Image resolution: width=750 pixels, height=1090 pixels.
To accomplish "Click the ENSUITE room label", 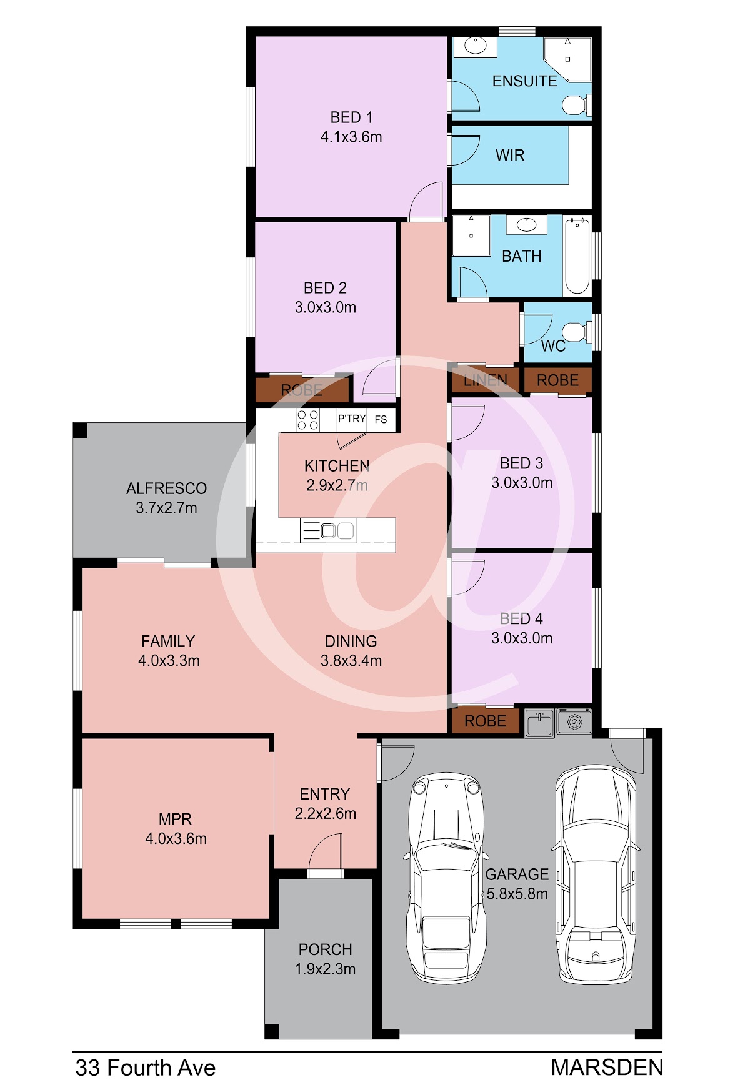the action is coord(524,81).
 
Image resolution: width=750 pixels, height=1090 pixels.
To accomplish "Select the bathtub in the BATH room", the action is coord(577,255).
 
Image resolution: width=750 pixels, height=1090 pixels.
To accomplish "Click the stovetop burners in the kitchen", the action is coord(307,420).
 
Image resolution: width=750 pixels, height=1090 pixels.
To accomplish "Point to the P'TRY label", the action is coord(352,419).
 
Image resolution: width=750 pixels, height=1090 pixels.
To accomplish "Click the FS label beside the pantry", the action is coord(381,419).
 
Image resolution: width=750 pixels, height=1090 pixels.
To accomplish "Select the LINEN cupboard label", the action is coord(486,380).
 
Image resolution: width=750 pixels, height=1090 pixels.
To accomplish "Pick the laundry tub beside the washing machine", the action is coord(539,723).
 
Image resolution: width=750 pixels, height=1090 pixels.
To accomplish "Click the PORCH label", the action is coord(325,949).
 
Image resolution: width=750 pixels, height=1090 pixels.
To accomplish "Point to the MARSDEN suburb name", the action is coord(607,1068).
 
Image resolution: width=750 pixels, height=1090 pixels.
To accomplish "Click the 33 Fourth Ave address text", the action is coord(146,1068).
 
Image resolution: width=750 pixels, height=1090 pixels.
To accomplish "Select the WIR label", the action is coord(510,156).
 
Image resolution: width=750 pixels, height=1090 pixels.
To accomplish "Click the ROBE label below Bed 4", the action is coord(485,721).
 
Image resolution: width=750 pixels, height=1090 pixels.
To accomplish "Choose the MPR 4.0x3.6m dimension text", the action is coord(176,838).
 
